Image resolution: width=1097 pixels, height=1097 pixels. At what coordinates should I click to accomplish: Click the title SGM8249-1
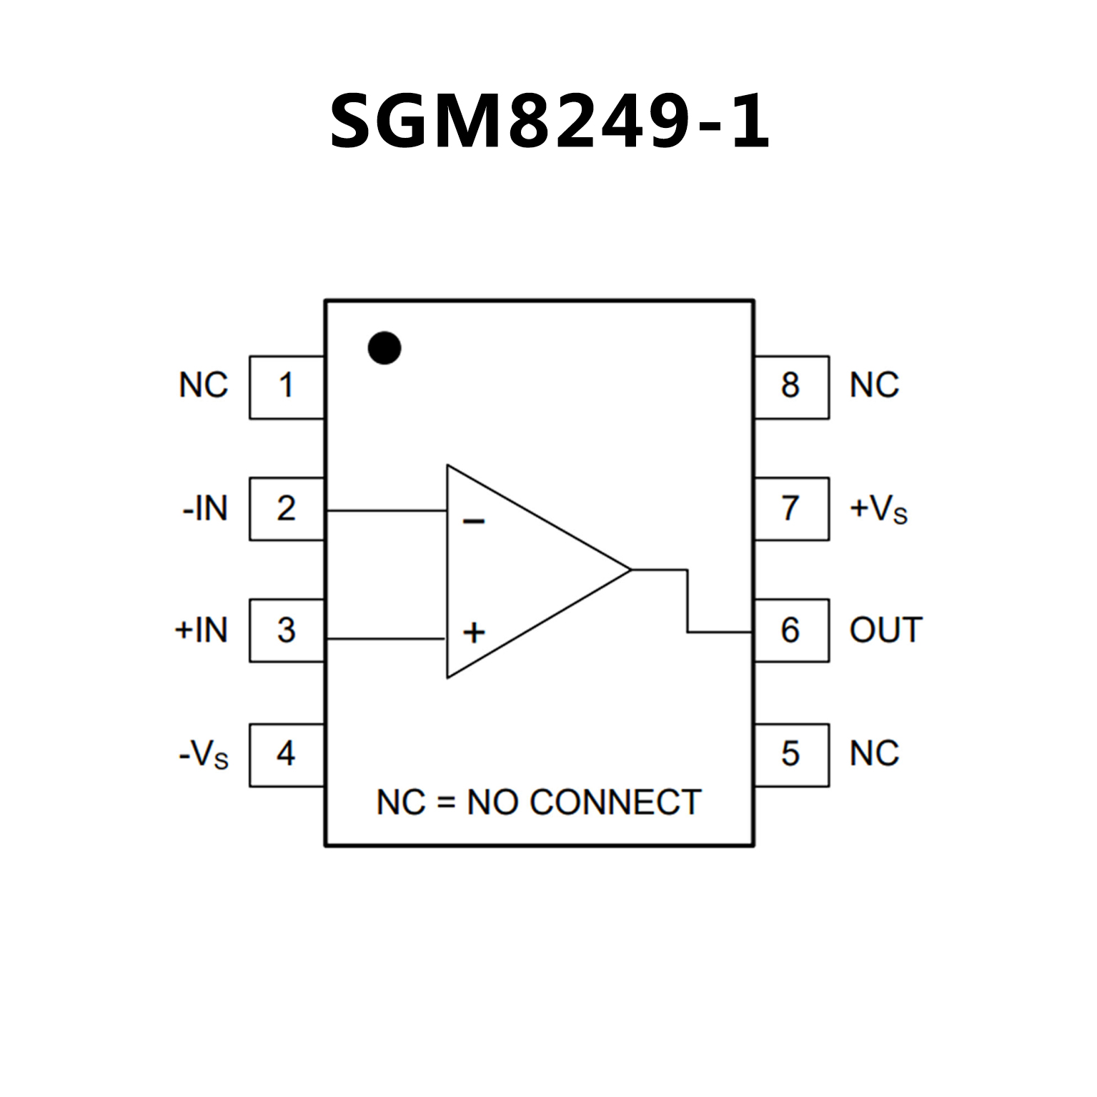pos(549,121)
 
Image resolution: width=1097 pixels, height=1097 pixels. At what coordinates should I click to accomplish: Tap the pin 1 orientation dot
pos(384,348)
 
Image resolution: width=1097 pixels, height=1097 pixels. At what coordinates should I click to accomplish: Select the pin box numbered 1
pos(287,387)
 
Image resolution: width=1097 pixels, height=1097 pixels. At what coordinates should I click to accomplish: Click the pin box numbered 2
pos(287,509)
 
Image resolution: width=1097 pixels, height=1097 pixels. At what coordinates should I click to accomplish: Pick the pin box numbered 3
pos(287,630)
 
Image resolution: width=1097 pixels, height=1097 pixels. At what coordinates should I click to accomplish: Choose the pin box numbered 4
pos(287,755)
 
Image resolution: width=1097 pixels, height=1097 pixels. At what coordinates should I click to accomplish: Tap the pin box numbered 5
pos(791,755)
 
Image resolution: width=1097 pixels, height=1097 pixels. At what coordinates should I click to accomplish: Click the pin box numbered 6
pos(791,630)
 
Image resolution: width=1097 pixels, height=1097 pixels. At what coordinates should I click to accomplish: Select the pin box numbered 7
pos(791,509)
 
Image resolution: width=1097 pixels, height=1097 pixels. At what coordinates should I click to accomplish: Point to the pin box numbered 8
pos(791,387)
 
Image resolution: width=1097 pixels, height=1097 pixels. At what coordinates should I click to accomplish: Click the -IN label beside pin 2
pos(205,510)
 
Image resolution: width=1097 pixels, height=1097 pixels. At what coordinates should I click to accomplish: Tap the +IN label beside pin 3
pos(202,630)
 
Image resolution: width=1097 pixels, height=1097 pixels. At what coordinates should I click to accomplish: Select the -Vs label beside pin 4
pos(204,755)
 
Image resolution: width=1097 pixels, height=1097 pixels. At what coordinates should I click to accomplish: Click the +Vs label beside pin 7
pos(878,510)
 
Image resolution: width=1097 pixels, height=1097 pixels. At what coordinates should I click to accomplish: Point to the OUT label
pos(886,630)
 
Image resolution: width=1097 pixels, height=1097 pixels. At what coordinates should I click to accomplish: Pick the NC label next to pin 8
pos(874,386)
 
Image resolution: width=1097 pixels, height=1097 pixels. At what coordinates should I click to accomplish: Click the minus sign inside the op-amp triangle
pos(474,522)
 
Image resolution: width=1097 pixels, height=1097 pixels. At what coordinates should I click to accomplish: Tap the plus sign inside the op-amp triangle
pos(474,632)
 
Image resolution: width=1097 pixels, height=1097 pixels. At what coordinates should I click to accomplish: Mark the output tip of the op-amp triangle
pos(630,570)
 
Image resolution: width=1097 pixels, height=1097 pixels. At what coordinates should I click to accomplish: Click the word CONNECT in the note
pos(615,803)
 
